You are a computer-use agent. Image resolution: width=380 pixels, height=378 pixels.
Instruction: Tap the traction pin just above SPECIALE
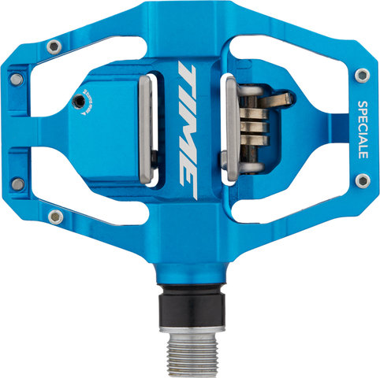tap(361, 75)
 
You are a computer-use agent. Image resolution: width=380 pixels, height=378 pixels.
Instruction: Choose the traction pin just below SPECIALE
tap(361, 181)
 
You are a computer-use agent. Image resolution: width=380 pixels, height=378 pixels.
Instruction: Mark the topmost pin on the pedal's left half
tap(53, 47)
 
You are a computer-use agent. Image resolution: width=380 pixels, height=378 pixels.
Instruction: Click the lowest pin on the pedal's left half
tap(54, 215)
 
